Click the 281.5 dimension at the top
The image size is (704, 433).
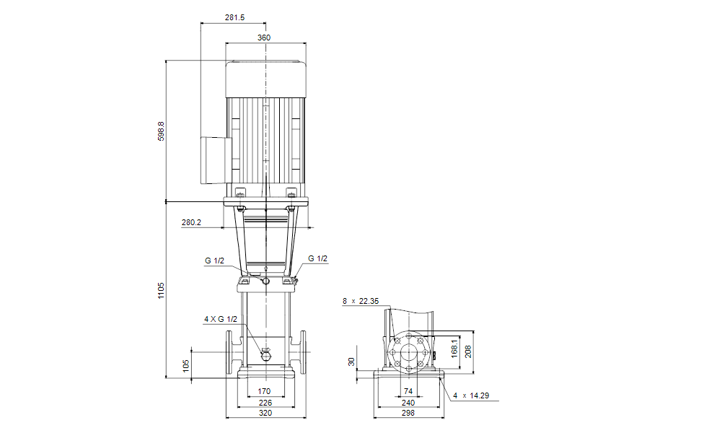tap(234, 17)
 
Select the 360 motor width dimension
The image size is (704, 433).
tap(264, 38)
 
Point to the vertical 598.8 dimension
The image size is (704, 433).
tap(161, 131)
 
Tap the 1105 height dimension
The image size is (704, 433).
tap(161, 291)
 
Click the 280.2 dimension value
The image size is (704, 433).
tap(191, 222)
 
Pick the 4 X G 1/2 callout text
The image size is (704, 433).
tap(221, 319)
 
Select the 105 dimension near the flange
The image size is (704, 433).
tap(186, 366)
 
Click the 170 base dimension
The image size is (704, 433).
tap(264, 391)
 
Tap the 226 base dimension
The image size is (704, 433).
tap(265, 403)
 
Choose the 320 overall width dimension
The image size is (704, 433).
tap(265, 413)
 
